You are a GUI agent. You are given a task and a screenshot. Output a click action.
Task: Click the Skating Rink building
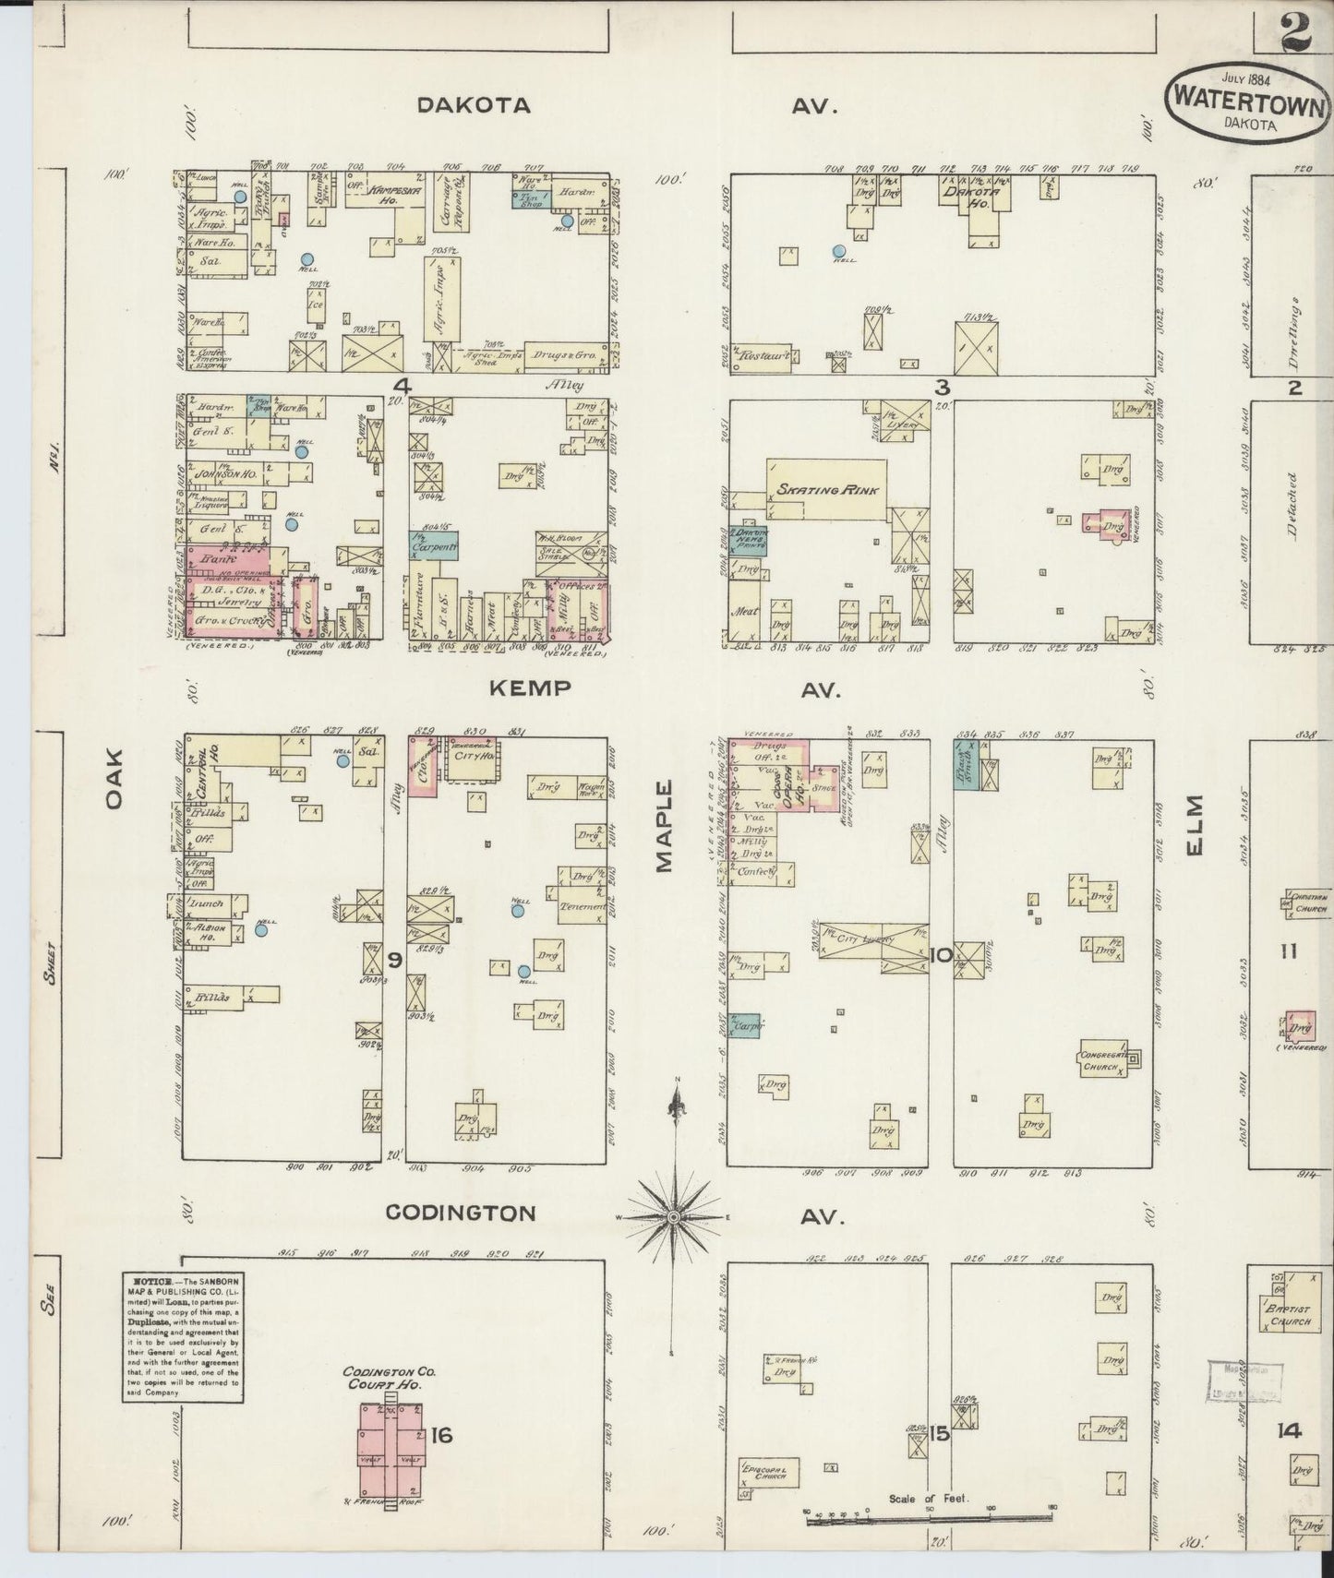(x=826, y=489)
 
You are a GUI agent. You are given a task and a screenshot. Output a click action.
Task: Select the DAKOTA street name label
(x=474, y=105)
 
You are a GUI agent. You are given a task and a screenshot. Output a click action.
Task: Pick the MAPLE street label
(x=665, y=826)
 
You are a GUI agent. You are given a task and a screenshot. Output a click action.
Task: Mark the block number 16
(x=441, y=1435)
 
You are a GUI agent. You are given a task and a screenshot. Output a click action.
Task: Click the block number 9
(x=394, y=961)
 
